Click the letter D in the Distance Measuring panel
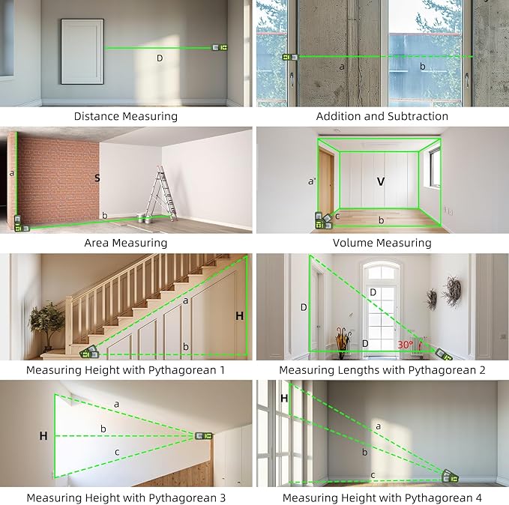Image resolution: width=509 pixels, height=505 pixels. pyautogui.click(x=160, y=58)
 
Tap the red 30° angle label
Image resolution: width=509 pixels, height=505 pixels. pyautogui.click(x=406, y=345)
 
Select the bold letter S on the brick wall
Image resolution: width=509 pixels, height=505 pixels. pyautogui.click(x=97, y=178)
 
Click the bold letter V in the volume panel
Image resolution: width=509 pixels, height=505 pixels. pyautogui.click(x=380, y=181)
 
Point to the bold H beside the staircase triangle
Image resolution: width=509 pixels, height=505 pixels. pyautogui.click(x=239, y=316)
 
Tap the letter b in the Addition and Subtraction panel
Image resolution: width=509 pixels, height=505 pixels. pyautogui.click(x=422, y=67)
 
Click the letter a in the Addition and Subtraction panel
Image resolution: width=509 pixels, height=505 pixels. pyautogui.click(x=342, y=67)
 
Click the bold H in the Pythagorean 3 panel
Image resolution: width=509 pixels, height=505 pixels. pyautogui.click(x=43, y=435)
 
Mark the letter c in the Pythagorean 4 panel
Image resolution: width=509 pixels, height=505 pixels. pyautogui.click(x=373, y=474)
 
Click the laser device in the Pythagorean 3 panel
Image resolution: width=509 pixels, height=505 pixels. pyautogui.click(x=203, y=435)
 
